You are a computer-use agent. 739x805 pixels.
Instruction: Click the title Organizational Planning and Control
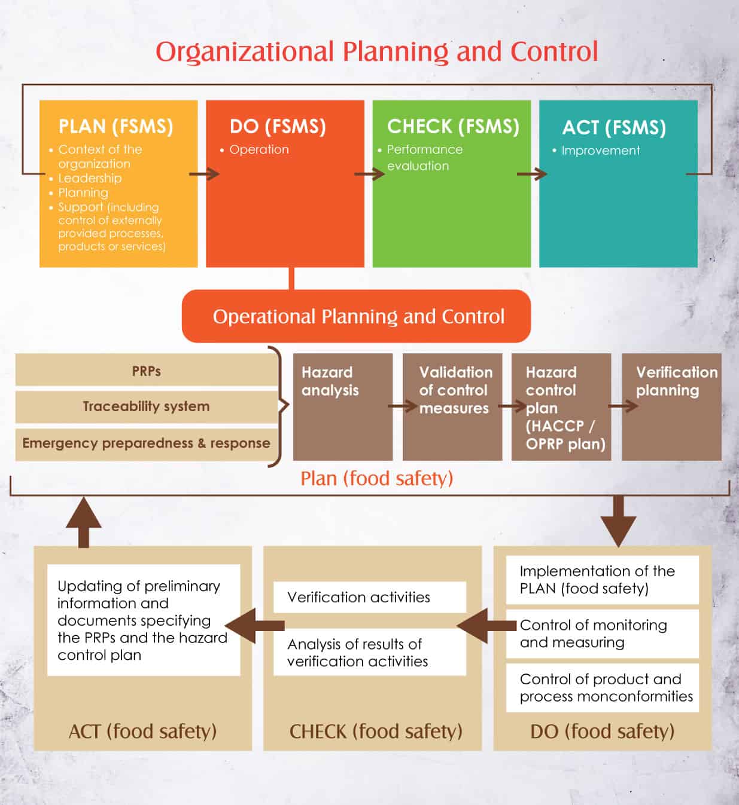(x=376, y=52)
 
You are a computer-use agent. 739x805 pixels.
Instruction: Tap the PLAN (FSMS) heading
(x=115, y=127)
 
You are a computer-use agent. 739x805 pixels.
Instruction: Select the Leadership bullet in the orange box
(x=90, y=178)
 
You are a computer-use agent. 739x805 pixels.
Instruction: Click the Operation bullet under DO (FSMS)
(x=259, y=149)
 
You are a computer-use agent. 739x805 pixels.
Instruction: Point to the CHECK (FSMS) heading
(x=453, y=127)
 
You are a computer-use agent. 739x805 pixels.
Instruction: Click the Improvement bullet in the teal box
(x=600, y=151)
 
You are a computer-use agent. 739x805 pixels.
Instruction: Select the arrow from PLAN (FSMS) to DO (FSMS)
(x=204, y=174)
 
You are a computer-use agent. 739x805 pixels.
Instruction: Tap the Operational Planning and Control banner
(x=356, y=316)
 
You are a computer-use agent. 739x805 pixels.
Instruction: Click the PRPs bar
(x=146, y=371)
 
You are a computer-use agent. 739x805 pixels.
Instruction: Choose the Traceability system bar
(x=146, y=406)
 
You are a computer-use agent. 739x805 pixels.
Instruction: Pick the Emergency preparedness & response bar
(x=146, y=444)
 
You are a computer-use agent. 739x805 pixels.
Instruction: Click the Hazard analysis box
(x=343, y=406)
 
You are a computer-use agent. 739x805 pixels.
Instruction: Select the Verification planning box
(x=671, y=406)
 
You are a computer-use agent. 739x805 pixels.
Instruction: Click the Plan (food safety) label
(x=376, y=478)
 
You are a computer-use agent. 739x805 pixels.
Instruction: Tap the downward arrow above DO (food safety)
(x=618, y=522)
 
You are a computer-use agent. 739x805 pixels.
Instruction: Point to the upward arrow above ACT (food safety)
(x=84, y=522)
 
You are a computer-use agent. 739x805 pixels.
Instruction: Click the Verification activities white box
(x=370, y=597)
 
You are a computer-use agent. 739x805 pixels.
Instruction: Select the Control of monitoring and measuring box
(x=602, y=633)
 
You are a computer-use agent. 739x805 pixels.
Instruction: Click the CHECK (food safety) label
(x=376, y=731)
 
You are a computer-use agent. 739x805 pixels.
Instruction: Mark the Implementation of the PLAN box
(x=602, y=580)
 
